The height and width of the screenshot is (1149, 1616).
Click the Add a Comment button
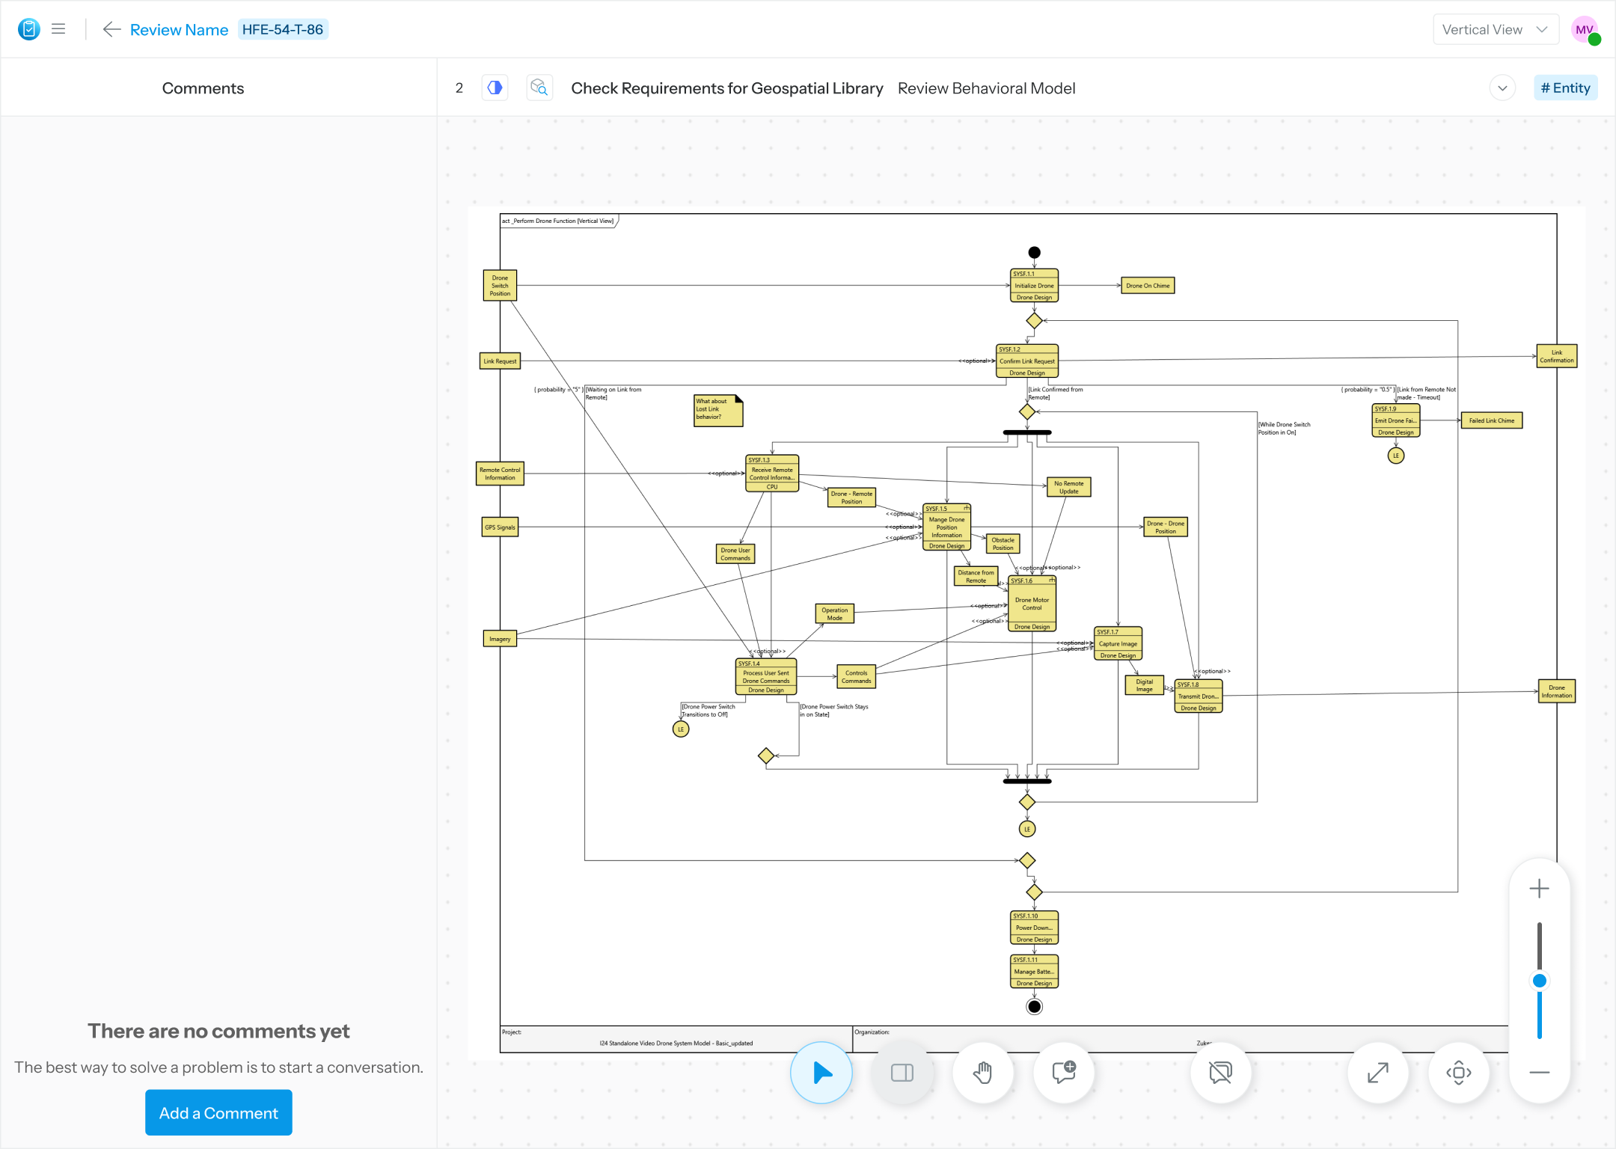(218, 1112)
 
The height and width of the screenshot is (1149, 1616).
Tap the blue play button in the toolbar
(821, 1073)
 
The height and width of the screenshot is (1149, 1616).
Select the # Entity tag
(1565, 88)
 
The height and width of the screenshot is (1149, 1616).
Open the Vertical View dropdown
(1495, 30)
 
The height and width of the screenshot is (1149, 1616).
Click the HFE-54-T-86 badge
(283, 30)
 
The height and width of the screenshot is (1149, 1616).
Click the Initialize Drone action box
(1034, 286)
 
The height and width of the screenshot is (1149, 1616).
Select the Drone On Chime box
(1148, 286)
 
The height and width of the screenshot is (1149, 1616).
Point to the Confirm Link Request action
(1027, 361)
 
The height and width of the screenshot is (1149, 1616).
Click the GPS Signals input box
(500, 527)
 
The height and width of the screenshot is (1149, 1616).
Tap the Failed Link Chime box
(1491, 420)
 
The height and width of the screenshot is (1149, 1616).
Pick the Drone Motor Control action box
(1032, 604)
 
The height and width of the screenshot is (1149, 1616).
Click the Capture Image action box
(1118, 644)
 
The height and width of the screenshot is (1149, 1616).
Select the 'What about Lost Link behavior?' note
(717, 410)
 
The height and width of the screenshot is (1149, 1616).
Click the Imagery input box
(500, 639)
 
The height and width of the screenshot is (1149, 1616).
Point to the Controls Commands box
(856, 677)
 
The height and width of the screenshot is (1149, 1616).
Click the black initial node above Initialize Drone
(1034, 253)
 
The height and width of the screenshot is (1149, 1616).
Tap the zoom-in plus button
(1539, 889)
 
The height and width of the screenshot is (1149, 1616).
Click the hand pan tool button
(983, 1073)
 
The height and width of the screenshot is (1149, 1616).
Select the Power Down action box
(1034, 928)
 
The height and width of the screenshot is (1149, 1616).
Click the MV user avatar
(1583, 30)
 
